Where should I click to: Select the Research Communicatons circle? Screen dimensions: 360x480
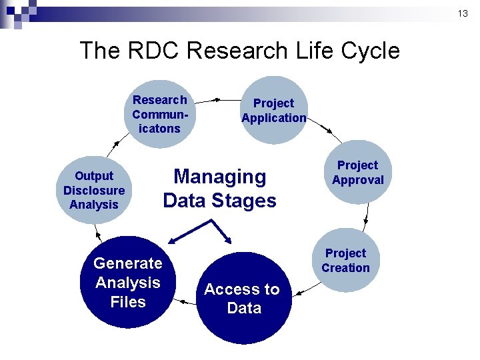tap(160, 114)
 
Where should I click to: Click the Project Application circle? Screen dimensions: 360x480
tap(273, 111)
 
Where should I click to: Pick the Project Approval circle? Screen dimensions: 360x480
tap(359, 173)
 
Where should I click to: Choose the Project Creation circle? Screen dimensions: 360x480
tap(345, 261)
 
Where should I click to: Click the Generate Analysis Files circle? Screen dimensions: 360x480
tap(127, 283)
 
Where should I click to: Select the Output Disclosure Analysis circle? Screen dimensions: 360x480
tap(93, 191)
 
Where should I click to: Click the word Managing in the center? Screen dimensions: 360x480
tap(219, 177)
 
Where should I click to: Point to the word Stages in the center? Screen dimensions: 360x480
tap(244, 201)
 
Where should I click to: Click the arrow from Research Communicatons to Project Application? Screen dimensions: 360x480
tap(206, 100)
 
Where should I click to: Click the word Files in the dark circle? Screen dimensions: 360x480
tap(128, 302)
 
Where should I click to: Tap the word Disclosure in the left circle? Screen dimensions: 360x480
tap(93, 191)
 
